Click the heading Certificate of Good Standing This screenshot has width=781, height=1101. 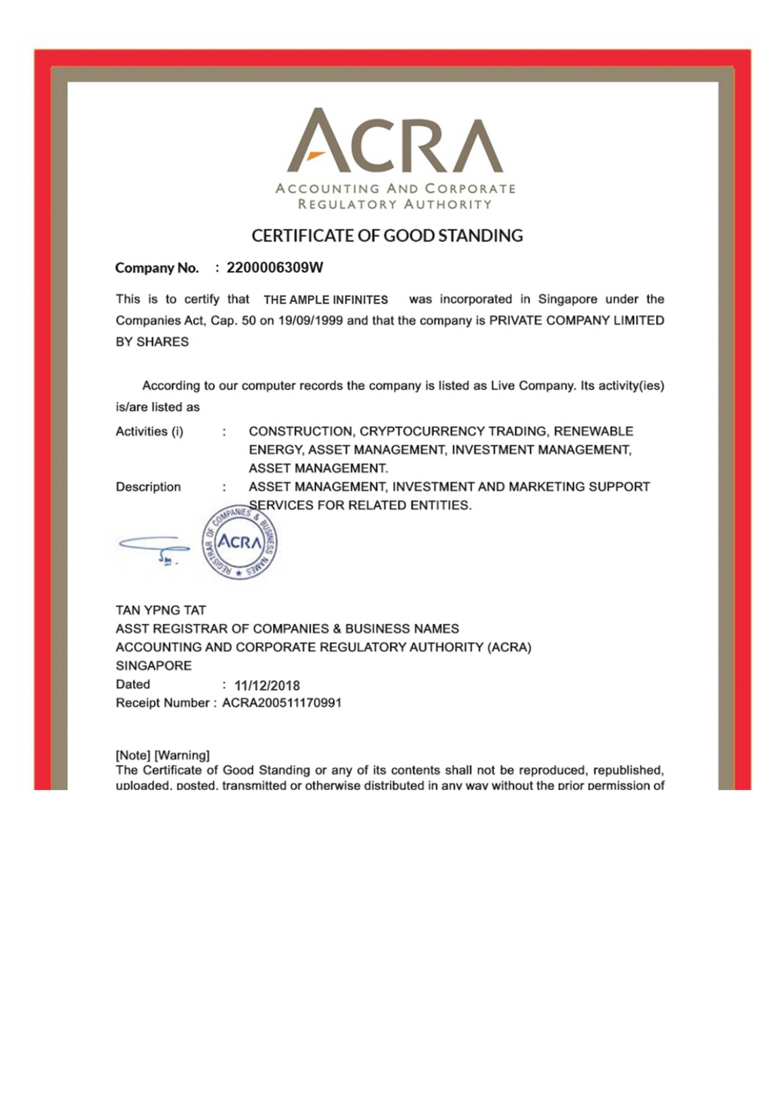pos(387,236)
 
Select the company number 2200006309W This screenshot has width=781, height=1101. pos(275,268)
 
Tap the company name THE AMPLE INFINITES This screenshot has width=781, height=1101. pos(326,300)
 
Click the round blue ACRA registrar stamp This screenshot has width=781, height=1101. pos(239,542)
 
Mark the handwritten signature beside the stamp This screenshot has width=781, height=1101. pos(154,548)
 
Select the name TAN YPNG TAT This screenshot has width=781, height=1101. pos(161,610)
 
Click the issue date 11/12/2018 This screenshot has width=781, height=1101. pos(267,685)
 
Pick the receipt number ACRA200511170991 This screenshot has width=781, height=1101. pos(282,703)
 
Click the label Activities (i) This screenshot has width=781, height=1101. pos(149,431)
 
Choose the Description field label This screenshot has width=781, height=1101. pos(148,487)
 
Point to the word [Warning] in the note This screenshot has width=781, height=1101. pos(182,755)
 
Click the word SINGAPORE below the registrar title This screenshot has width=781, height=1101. pos(154,666)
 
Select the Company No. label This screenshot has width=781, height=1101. pos(157,268)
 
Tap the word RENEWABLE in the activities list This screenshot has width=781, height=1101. pos(593,431)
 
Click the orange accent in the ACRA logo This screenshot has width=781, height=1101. pos(315,155)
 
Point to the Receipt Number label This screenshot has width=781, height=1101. pos(162,703)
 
